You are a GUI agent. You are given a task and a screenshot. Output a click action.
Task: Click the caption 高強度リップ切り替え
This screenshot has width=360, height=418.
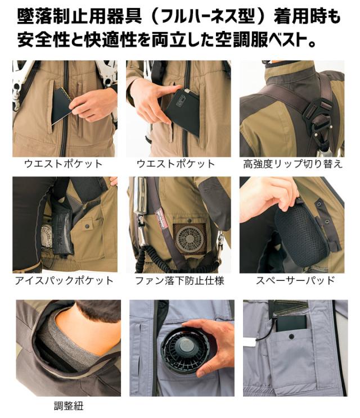(292, 163)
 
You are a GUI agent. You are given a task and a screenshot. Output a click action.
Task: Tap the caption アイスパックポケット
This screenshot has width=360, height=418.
(64, 280)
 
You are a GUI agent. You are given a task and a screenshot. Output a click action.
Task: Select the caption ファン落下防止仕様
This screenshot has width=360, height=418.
(179, 280)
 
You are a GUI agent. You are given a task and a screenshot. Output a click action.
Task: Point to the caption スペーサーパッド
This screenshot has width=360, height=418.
(295, 280)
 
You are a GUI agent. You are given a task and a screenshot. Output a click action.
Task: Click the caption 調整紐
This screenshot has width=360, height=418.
(69, 406)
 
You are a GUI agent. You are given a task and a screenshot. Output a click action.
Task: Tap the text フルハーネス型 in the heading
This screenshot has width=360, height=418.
(208, 16)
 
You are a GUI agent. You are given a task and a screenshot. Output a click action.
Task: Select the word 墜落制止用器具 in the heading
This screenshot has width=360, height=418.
(79, 16)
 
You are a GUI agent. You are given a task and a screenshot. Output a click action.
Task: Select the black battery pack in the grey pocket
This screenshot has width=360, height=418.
(292, 324)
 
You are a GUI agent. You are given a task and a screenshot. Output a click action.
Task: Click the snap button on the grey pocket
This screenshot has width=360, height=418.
(291, 337)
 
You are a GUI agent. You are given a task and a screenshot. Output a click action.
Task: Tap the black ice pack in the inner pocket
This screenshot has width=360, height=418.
(62, 230)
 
